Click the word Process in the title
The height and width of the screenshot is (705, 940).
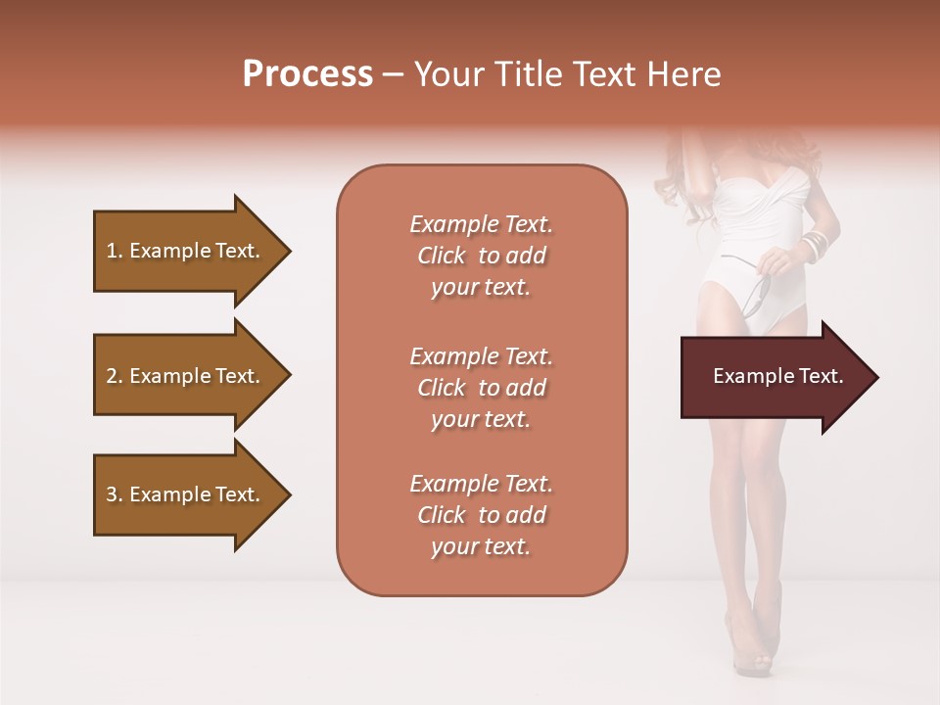(x=307, y=73)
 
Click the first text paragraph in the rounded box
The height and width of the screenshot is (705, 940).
(x=481, y=256)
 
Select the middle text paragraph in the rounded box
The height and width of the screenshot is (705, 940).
(x=481, y=388)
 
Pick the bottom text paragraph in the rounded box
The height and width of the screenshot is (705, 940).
(x=481, y=515)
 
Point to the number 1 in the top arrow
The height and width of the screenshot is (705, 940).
(x=112, y=251)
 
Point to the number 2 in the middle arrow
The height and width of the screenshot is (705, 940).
(x=112, y=376)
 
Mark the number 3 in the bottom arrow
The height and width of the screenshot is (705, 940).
(x=112, y=494)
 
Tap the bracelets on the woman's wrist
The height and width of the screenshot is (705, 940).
(x=815, y=245)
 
